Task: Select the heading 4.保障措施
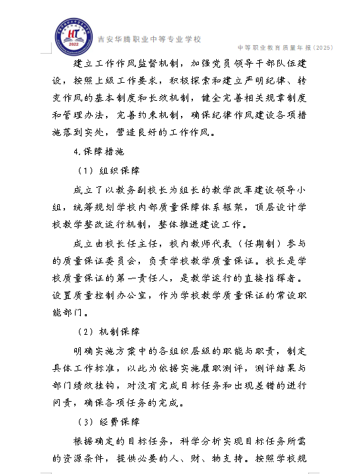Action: [95, 151]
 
